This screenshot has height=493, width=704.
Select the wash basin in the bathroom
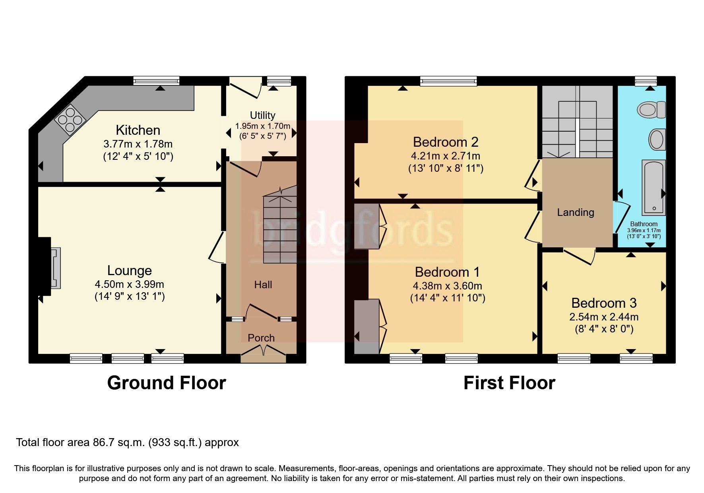click(x=657, y=139)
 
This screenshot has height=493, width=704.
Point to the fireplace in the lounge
click(x=54, y=267)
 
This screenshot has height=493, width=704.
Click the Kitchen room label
click(x=138, y=130)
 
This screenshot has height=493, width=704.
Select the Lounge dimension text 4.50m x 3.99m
click(x=129, y=284)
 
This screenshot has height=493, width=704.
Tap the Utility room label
click(x=262, y=115)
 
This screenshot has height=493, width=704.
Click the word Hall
click(x=263, y=285)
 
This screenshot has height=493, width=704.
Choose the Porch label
click(x=261, y=338)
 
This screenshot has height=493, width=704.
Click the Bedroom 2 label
click(x=445, y=142)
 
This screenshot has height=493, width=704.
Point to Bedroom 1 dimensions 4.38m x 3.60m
click(x=447, y=286)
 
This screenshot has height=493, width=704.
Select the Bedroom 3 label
click(x=603, y=303)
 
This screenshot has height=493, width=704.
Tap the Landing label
click(x=575, y=212)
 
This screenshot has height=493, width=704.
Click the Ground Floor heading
click(x=166, y=382)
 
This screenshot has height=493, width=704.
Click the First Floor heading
click(x=509, y=382)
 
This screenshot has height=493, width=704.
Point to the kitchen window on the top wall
click(x=156, y=81)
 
